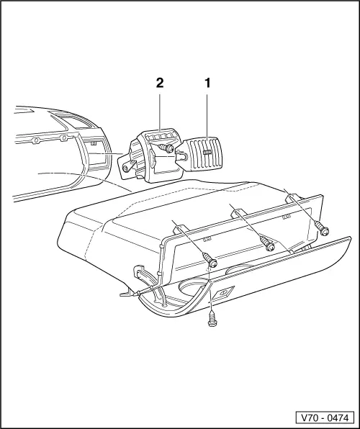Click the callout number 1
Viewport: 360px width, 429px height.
(x=208, y=83)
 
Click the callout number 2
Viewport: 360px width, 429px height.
(x=160, y=83)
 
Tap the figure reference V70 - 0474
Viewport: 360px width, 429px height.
(x=325, y=417)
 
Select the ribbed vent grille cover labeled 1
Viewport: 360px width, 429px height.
(x=206, y=154)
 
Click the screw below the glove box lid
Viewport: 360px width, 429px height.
(x=212, y=318)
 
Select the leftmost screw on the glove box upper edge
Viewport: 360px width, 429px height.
(x=210, y=260)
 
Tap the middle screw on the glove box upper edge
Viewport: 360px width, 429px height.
(x=268, y=243)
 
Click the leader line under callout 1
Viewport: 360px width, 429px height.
(x=208, y=112)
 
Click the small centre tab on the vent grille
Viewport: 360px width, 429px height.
(x=208, y=152)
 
